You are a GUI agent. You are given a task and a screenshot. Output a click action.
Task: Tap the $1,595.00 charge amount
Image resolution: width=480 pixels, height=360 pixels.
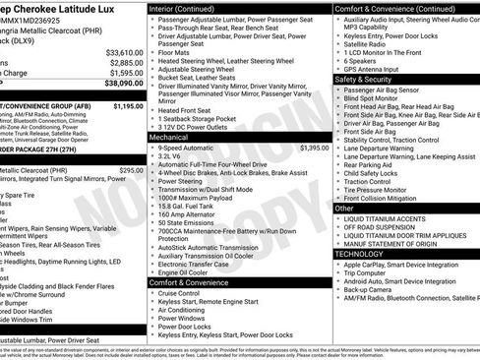pyautogui.click(x=126, y=73)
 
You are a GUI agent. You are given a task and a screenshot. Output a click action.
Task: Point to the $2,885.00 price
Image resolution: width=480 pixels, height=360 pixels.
pyautogui.click(x=127, y=63)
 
